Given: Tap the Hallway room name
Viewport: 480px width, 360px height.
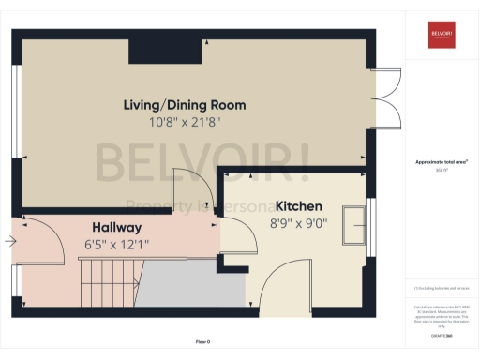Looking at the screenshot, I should [x=116, y=227].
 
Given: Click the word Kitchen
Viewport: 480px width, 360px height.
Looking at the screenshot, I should [x=298, y=206].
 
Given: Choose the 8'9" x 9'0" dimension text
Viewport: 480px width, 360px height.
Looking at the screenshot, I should [x=298, y=223].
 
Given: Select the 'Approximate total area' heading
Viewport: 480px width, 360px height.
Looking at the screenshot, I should [x=442, y=162].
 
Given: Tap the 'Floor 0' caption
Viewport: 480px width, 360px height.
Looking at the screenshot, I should [x=202, y=342].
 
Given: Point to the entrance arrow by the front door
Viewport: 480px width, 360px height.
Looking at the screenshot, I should [x=9, y=241].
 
